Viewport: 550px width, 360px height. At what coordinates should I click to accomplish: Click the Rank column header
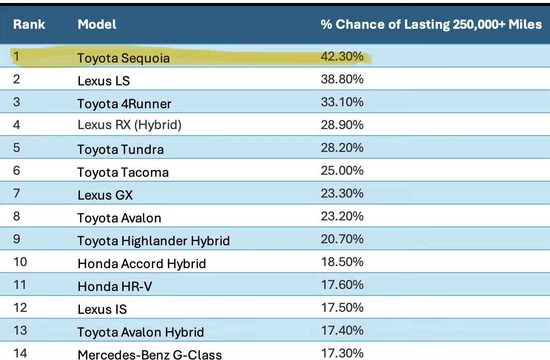point(29,24)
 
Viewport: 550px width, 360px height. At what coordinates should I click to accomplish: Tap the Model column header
point(97,24)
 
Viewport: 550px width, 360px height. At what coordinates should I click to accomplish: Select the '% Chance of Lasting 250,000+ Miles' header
point(431,24)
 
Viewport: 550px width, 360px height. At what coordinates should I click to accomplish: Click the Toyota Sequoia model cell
point(124,58)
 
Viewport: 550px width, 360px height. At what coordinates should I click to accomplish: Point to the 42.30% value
point(342,56)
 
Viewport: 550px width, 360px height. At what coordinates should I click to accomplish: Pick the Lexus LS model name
point(104,81)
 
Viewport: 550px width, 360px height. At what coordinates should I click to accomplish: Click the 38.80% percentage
point(342,79)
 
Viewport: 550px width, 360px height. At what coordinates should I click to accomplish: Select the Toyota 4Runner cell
point(124,104)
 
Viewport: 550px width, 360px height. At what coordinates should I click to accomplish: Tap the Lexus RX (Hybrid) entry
point(130,125)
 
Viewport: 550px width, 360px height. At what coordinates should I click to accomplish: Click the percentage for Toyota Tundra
point(342,147)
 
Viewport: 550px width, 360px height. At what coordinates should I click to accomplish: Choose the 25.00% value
point(342,170)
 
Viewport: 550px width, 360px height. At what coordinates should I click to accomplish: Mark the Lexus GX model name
point(105,195)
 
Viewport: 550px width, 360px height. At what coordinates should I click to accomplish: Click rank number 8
point(16,216)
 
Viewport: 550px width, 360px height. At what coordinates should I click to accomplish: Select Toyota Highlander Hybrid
point(154,241)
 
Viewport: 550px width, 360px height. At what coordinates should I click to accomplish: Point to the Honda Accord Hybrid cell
point(141,264)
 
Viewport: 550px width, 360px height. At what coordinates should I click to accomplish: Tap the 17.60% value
point(343,285)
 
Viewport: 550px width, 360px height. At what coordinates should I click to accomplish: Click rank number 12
point(20,308)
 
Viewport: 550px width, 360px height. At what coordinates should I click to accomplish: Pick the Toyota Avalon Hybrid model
point(140,332)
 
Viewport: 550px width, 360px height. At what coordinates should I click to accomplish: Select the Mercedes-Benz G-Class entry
point(150,355)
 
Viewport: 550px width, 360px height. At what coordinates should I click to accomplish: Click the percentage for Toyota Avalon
point(342,216)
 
